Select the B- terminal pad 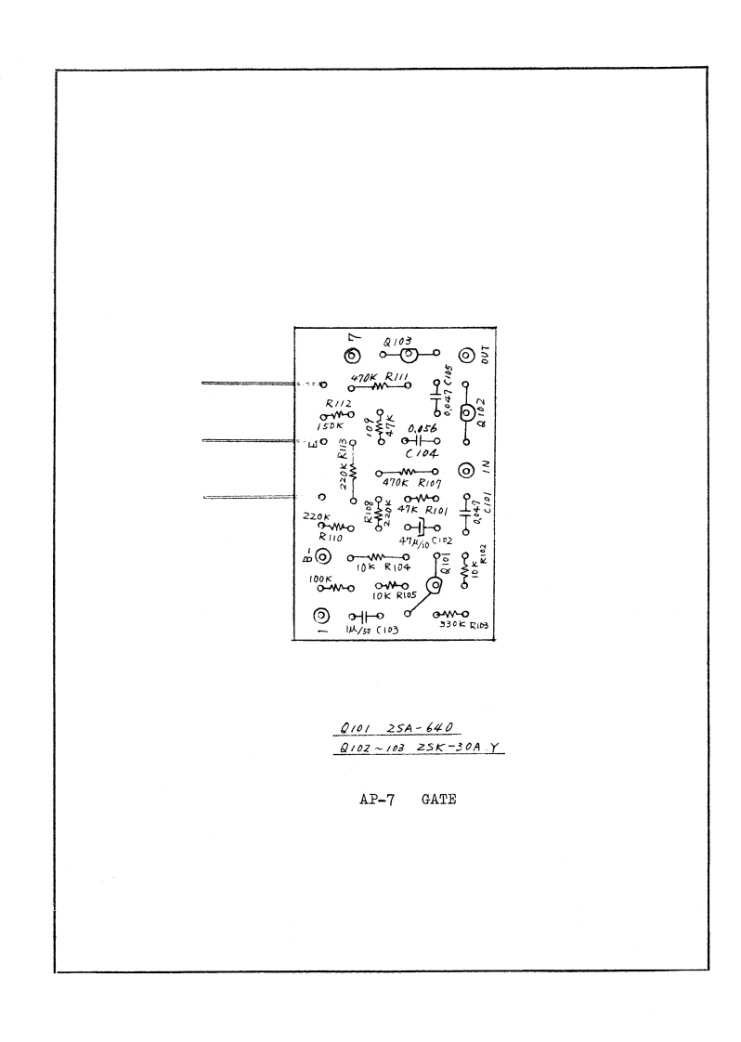(x=322, y=557)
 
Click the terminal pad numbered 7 (x=353, y=357)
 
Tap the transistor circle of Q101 (x=433, y=585)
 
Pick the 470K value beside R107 (x=396, y=485)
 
